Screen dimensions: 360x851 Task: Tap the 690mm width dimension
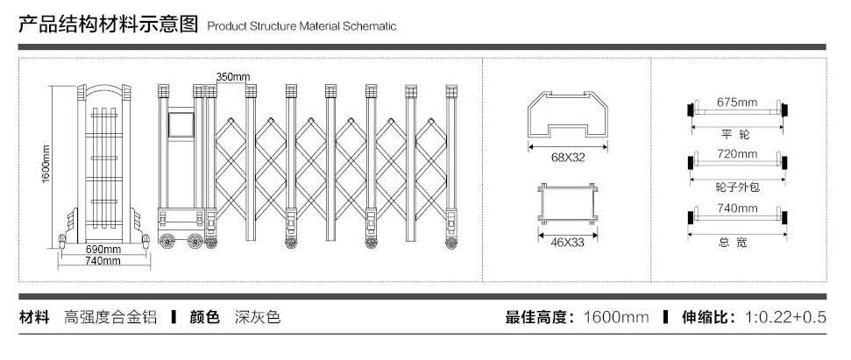(103, 249)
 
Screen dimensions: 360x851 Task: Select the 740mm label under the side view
(103, 261)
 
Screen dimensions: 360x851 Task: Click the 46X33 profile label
(567, 242)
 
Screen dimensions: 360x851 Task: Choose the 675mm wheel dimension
(736, 102)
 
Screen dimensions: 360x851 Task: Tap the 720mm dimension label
(736, 154)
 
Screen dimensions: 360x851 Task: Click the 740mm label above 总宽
(736, 208)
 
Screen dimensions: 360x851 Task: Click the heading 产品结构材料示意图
(109, 24)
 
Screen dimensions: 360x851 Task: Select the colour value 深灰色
(258, 317)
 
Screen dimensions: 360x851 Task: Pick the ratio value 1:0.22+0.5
(785, 317)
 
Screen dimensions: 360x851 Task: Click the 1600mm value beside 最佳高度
(616, 317)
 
